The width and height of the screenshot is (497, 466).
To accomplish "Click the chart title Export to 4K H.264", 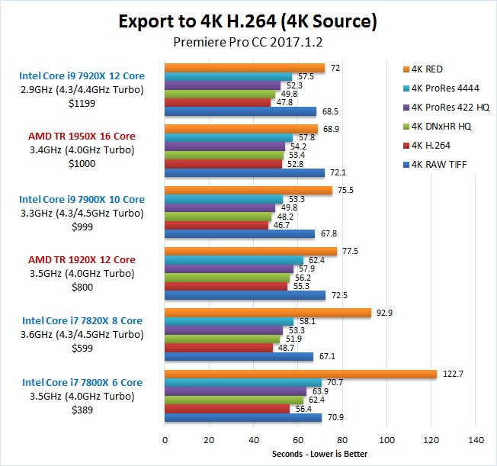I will [x=248, y=21].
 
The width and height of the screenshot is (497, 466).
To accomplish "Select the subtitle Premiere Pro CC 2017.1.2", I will [x=248, y=43].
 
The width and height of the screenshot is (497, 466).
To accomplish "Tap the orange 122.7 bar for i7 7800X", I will [x=300, y=374].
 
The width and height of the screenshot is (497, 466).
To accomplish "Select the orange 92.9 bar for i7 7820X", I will [x=268, y=313].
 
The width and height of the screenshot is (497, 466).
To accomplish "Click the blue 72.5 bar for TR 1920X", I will [x=245, y=295].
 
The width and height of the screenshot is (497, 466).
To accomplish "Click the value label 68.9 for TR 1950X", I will [x=331, y=129].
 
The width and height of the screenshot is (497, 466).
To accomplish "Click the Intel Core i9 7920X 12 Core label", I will [x=82, y=76].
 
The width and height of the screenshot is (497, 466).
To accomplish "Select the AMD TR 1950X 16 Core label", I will [x=82, y=137].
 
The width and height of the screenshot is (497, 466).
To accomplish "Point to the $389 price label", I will [x=82, y=410].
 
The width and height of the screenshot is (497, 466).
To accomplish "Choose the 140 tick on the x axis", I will [x=476, y=440].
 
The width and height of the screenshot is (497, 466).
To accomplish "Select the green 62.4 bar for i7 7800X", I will [x=234, y=400].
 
